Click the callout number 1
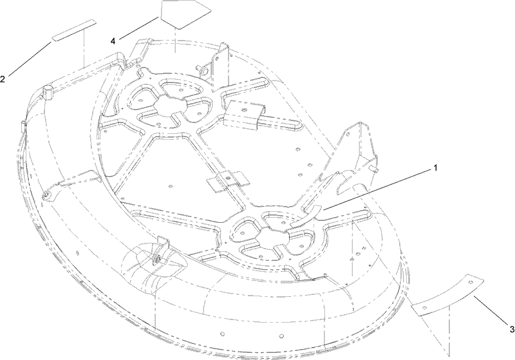[x=435, y=168]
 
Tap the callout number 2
[x=3, y=79]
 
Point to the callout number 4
[x=113, y=41]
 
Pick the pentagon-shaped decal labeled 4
[x=185, y=14]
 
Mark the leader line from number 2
[x=30, y=59]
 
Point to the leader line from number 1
[x=377, y=189]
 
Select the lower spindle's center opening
[x=272, y=237]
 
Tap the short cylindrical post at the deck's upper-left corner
[x=49, y=91]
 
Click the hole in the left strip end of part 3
[x=424, y=308]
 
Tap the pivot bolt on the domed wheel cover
[x=157, y=251]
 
